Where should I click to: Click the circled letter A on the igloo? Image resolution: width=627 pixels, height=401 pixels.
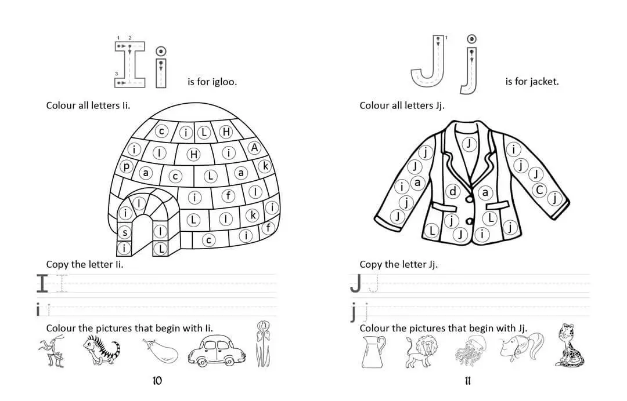(x=254, y=148)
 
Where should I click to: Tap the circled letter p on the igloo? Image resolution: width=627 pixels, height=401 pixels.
(x=127, y=166)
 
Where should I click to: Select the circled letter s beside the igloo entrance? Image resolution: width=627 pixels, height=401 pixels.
(x=125, y=232)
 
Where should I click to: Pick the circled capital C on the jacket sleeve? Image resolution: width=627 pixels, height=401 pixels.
(x=540, y=190)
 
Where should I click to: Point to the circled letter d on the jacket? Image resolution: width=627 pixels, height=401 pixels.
(x=453, y=192)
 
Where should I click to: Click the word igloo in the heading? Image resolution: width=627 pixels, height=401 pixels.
(x=224, y=82)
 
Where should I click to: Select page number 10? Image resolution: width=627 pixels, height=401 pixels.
(x=157, y=381)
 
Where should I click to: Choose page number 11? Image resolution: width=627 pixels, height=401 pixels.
(x=468, y=381)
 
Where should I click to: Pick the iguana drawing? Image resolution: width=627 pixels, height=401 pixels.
(x=101, y=349)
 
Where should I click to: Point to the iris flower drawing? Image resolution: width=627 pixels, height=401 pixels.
(x=262, y=344)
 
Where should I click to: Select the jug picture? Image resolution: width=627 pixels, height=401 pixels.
(x=373, y=352)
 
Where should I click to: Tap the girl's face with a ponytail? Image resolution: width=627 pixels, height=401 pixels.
(x=520, y=347)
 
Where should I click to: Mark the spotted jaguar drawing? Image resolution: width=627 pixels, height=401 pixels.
(x=570, y=345)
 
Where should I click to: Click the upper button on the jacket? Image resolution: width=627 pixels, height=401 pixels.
(x=470, y=198)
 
